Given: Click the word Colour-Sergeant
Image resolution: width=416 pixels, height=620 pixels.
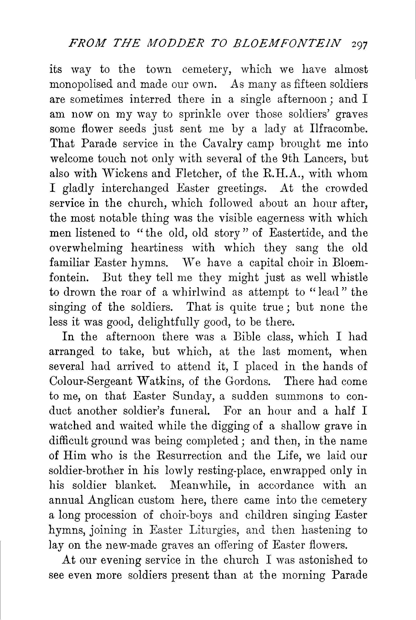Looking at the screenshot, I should [x=91, y=382].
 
